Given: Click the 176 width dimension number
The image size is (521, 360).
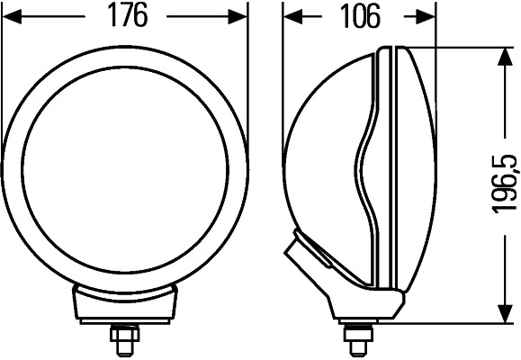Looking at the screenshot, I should [125, 16].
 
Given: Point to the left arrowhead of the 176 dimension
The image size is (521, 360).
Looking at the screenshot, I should [11, 16].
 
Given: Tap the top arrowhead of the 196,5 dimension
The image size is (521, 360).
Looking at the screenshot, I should [502, 57].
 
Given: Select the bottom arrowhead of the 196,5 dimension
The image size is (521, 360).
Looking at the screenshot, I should [502, 313].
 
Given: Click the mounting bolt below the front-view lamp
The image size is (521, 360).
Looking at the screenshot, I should [124, 339].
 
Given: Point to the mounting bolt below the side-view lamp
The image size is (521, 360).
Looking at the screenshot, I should [357, 339].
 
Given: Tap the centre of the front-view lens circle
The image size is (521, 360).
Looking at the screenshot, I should [124, 166].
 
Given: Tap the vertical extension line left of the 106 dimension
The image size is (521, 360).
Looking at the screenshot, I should [283, 36].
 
